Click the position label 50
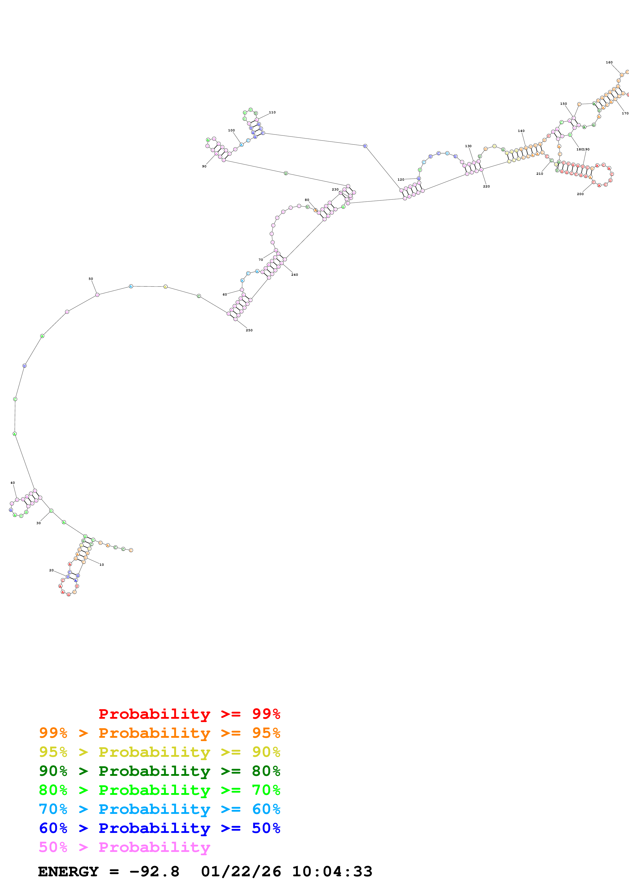[91, 279]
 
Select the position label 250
[249, 330]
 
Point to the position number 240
[295, 275]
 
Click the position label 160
[609, 62]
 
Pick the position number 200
[580, 194]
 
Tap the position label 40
[13, 483]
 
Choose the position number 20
[52, 570]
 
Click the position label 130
[468, 146]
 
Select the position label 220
[486, 186]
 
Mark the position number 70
[261, 260]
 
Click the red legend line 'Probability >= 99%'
[189, 714]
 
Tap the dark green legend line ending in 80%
[159, 771]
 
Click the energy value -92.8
[154, 872]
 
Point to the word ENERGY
[68, 872]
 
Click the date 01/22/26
[241, 872]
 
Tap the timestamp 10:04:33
[332, 872]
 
